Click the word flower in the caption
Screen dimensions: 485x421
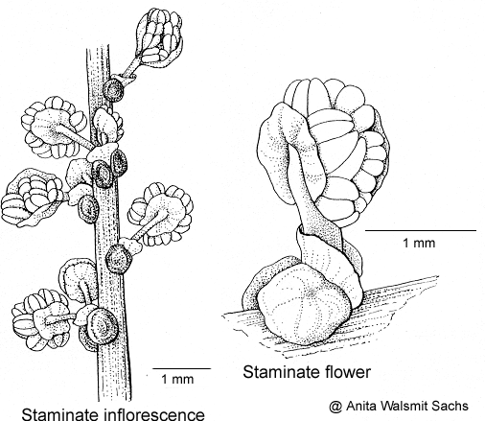point(348,372)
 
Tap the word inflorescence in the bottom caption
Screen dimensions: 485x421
point(154,414)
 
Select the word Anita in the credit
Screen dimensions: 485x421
point(359,406)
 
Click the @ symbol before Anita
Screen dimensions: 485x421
point(335,407)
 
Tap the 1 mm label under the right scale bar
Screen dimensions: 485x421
point(419,244)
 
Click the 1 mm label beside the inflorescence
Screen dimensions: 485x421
point(177,380)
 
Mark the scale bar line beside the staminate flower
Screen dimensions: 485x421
point(421,230)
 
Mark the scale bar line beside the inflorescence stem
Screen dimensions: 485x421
point(181,368)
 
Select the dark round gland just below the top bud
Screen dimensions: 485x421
point(113,89)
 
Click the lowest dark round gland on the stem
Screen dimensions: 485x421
point(102,326)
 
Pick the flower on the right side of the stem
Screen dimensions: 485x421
point(160,214)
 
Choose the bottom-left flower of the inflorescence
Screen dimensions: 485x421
point(41,319)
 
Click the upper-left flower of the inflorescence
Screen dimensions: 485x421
point(54,128)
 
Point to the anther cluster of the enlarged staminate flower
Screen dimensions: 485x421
point(346,151)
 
